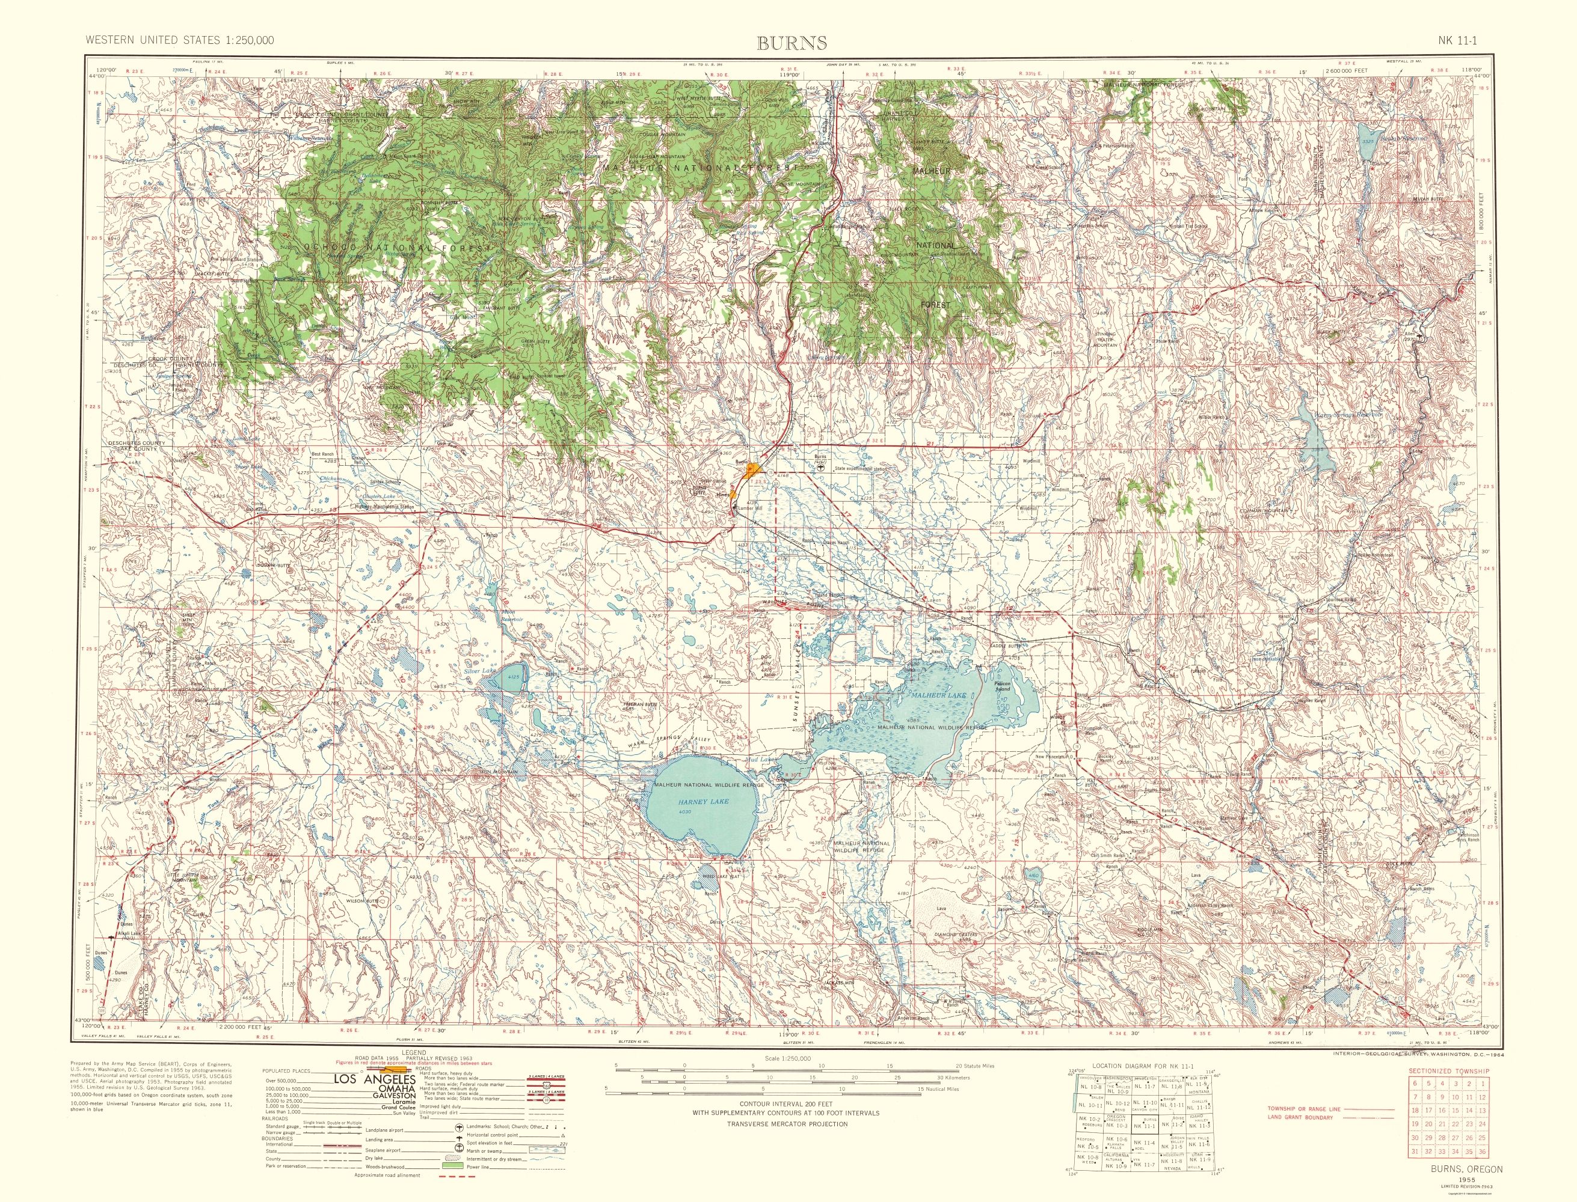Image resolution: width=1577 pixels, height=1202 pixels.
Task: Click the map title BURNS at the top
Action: pos(792,43)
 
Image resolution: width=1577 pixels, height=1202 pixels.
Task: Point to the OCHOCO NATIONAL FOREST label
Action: pos(398,246)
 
